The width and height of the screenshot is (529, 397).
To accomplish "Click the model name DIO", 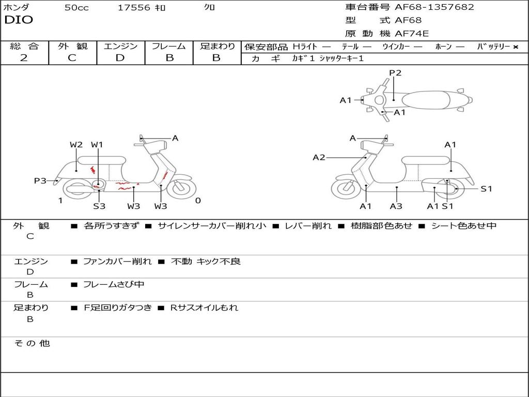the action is coord(19,20).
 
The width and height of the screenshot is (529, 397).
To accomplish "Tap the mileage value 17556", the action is coord(134,8).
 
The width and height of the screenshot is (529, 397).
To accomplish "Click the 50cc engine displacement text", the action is coord(76,8).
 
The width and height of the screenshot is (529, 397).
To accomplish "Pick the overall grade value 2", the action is coord(24,58).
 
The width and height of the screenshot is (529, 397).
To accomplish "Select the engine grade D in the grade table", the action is coord(120,58).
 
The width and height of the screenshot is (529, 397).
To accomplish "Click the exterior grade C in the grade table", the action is coord(72,58).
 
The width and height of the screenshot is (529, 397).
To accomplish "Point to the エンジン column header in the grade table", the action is coord(120,47).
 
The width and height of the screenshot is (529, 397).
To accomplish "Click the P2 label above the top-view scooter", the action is coord(395,73).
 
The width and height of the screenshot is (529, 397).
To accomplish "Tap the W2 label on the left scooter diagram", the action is coord(76,145).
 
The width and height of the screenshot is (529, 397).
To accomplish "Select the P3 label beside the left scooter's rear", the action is coord(40,180).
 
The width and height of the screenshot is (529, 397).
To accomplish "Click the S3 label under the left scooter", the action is coord(99,206).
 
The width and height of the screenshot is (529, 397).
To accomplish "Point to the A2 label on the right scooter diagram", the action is coord(319,157).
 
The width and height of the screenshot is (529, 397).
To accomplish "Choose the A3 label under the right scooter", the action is coord(396,206).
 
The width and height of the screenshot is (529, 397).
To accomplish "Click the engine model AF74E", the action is coord(412,34).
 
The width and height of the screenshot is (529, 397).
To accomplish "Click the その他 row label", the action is coord(32,343).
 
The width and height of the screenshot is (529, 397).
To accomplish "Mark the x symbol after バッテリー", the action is coord(515,47).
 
